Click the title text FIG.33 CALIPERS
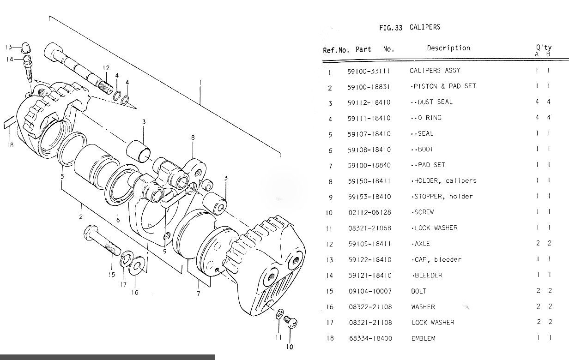coord(410,27)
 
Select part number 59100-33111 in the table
coord(369,71)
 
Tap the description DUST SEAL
coord(431,102)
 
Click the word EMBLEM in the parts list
coord(423,338)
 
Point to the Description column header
coord(448,48)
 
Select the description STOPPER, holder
coord(442,197)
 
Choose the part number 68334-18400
coord(370,338)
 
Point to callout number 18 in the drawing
coord(10,145)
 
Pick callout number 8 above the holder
coord(193,137)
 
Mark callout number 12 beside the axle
coord(106,68)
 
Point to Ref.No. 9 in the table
coord(330,197)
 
